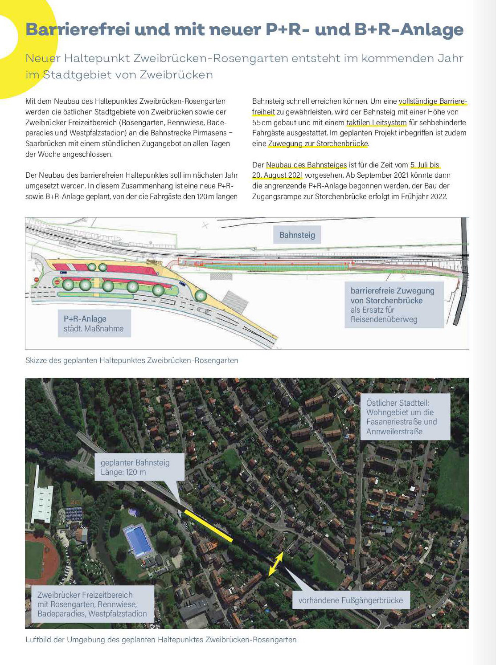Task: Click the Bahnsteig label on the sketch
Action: [297, 235]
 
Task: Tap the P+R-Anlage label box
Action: [94, 324]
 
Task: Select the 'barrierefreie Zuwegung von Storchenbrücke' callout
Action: [394, 305]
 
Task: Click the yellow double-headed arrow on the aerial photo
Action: [275, 564]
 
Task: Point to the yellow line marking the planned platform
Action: [208, 526]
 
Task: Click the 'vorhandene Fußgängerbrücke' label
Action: [350, 600]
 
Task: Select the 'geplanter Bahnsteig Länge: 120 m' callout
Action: [139, 467]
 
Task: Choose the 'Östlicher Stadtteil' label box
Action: [405, 417]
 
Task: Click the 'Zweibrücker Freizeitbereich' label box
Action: [92, 604]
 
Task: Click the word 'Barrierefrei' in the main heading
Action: [78, 29]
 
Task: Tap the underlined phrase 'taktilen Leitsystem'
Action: [377, 122]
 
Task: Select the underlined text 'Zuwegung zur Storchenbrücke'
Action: [318, 143]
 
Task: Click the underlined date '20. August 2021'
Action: [278, 175]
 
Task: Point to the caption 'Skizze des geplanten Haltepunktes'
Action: [131, 360]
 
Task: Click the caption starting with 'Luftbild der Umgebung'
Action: [161, 640]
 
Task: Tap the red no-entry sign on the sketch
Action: [37, 279]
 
